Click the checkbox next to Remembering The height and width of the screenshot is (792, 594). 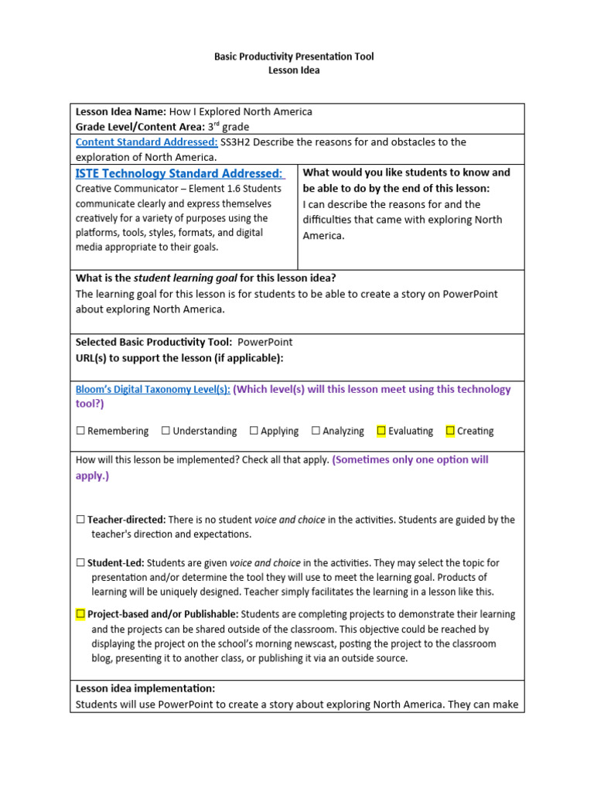click(x=80, y=431)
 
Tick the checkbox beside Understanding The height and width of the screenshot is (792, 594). click(x=166, y=431)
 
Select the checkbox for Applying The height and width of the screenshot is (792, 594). click(x=254, y=431)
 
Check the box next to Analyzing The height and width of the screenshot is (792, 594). click(x=316, y=431)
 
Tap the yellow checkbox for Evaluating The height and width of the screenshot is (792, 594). click(x=381, y=431)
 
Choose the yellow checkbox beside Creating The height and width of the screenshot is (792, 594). click(x=450, y=431)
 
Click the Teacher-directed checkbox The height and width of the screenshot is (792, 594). click(x=80, y=521)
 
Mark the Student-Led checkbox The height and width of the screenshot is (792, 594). click(x=80, y=563)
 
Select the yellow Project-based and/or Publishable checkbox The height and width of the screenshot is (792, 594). click(x=80, y=614)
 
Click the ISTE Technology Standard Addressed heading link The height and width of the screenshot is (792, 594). click(x=179, y=173)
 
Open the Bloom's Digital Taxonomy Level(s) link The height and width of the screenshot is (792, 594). click(x=152, y=390)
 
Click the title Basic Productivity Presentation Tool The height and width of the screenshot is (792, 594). click(x=293, y=56)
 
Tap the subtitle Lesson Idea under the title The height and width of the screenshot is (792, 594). click(x=293, y=70)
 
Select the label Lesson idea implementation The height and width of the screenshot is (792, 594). click(x=145, y=688)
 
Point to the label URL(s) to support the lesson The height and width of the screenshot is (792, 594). click(x=179, y=357)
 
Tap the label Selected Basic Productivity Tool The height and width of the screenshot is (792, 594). click(x=153, y=342)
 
